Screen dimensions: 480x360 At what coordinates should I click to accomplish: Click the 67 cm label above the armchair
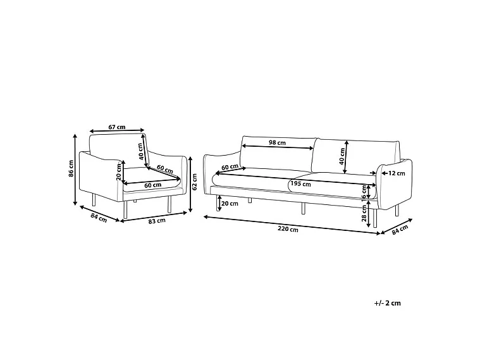pyautogui.click(x=117, y=127)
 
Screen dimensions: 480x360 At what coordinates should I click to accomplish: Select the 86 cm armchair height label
pyautogui.click(x=71, y=168)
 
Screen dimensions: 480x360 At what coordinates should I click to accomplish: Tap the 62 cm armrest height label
pyautogui.click(x=195, y=182)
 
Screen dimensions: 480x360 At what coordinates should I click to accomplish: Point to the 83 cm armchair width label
pyautogui.click(x=157, y=221)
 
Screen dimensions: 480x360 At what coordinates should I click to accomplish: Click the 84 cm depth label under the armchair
pyautogui.click(x=99, y=218)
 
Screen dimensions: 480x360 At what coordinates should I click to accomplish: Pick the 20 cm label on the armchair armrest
pyautogui.click(x=118, y=172)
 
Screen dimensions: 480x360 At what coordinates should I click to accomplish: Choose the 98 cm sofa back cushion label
pyautogui.click(x=277, y=142)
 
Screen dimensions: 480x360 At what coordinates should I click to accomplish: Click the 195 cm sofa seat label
pyautogui.click(x=300, y=184)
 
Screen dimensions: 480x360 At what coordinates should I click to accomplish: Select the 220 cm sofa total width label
pyautogui.click(x=288, y=228)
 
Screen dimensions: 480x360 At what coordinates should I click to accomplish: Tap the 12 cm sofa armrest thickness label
pyautogui.click(x=397, y=173)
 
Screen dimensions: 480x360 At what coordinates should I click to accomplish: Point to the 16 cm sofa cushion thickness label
pyautogui.click(x=364, y=193)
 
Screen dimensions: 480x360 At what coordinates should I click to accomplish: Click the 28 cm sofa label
pyautogui.click(x=364, y=213)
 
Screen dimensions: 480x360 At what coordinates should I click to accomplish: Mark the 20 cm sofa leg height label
pyautogui.click(x=230, y=204)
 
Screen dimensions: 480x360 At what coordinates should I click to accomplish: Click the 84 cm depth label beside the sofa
pyautogui.click(x=400, y=230)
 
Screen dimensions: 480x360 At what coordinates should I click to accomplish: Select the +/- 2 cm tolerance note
pyautogui.click(x=387, y=303)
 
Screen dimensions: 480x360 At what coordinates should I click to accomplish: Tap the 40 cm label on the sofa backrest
pyautogui.click(x=342, y=156)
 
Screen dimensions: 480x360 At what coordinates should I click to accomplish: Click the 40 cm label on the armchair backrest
pyautogui.click(x=140, y=152)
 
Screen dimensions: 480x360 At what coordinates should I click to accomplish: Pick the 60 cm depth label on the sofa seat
pyautogui.click(x=230, y=167)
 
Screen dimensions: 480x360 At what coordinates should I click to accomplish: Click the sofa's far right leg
pyautogui.click(x=397, y=211)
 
